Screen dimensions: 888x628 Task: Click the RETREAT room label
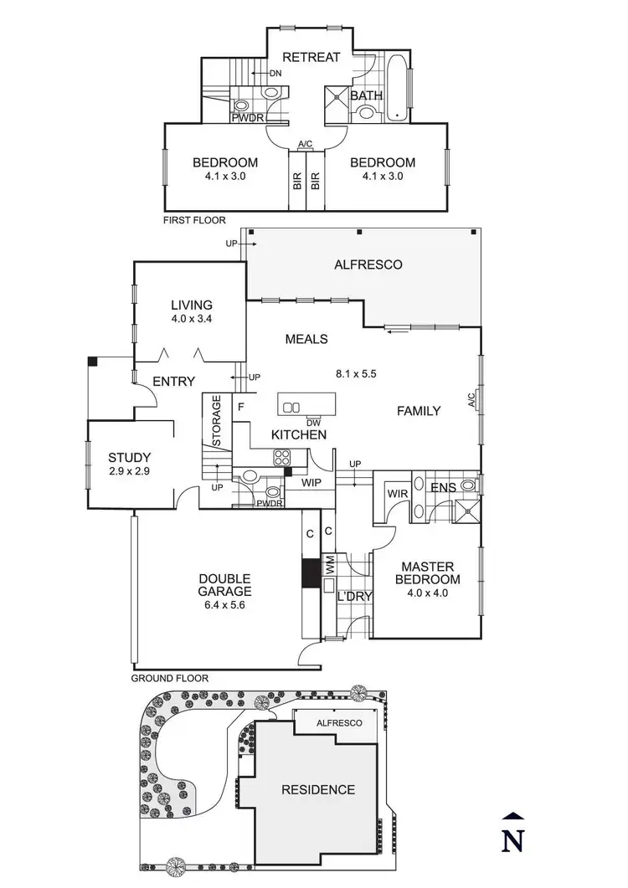click(311, 57)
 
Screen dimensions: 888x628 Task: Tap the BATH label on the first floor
click(366, 95)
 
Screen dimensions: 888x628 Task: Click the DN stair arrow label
click(275, 74)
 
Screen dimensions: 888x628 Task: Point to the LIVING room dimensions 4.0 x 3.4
click(192, 319)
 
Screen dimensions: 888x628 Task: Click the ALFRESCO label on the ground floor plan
click(368, 264)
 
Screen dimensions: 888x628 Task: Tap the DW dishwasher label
click(313, 422)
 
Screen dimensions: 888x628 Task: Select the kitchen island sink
click(291, 408)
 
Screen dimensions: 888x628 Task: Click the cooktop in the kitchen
click(281, 457)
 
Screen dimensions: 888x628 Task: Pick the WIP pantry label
click(311, 483)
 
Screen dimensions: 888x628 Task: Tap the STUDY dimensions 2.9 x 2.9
click(129, 472)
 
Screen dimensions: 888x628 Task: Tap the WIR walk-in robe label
click(396, 494)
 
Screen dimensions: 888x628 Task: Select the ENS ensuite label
click(442, 487)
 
